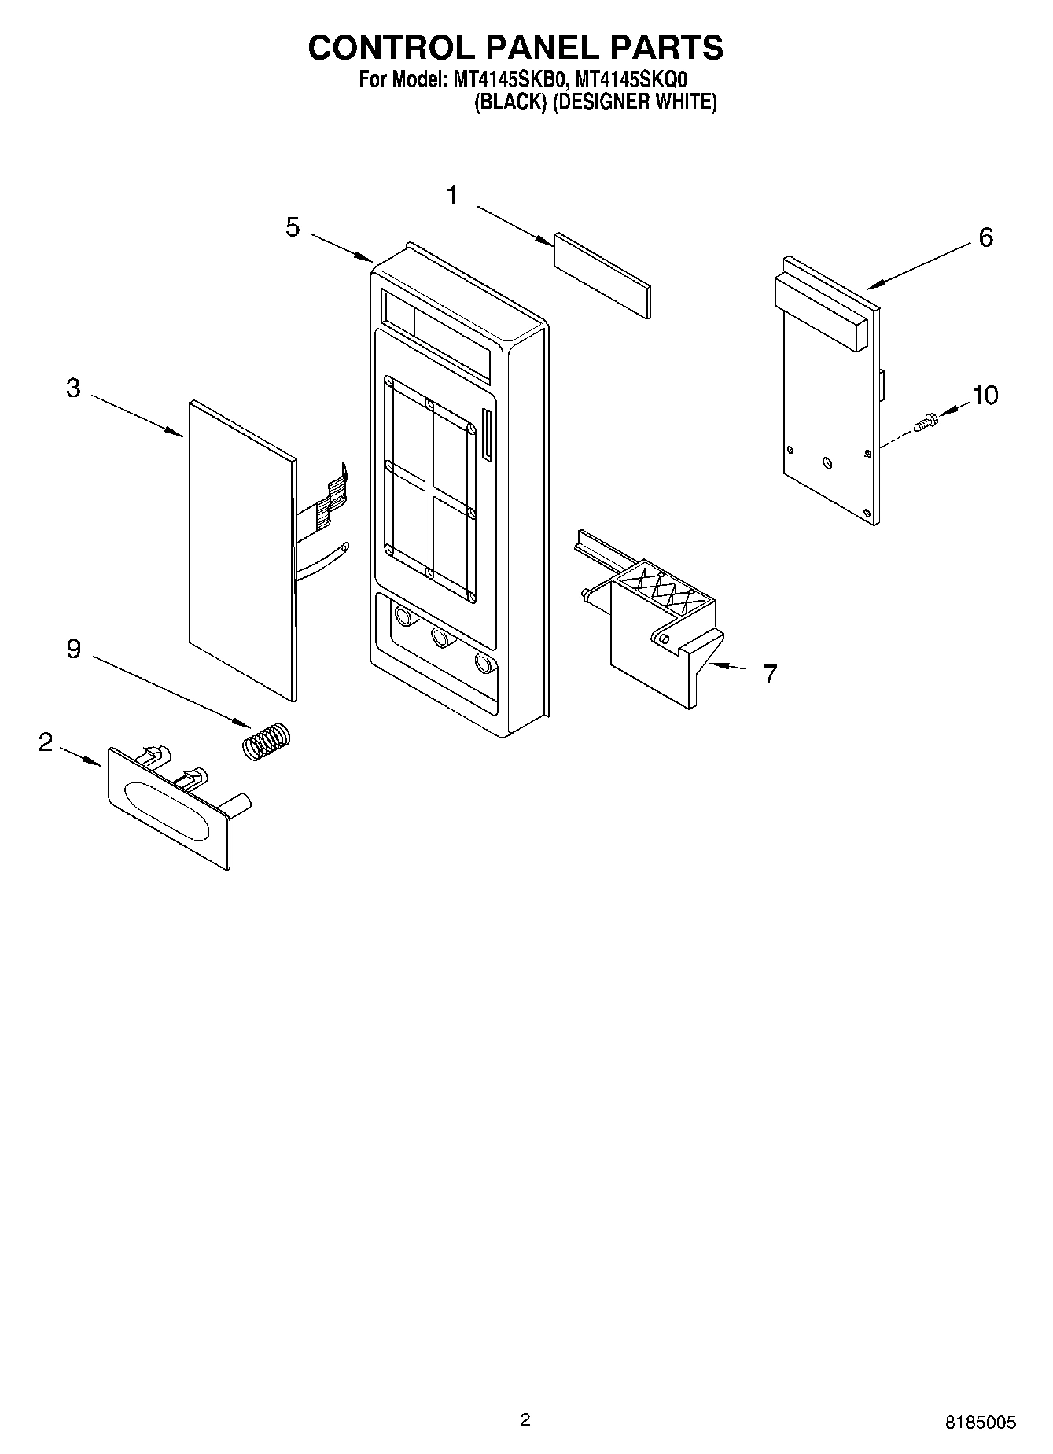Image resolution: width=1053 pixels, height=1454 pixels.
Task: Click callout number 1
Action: coord(452,196)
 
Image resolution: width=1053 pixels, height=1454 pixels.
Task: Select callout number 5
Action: coord(293,228)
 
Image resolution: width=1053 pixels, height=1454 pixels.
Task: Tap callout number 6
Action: coord(985,237)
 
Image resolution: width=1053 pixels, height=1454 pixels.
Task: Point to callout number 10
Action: coord(985,395)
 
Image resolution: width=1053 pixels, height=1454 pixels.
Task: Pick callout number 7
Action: coord(770,673)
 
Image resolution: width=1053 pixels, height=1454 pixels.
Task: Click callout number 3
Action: coord(73,388)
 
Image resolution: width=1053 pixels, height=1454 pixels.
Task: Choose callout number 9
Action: coord(73,650)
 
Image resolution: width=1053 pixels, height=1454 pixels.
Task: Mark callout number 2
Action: coord(46,742)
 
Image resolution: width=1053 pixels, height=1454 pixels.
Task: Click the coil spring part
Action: coord(266,741)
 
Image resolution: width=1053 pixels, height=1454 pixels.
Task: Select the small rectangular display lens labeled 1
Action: coord(602,274)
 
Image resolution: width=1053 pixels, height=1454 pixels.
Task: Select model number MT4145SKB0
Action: coord(508,79)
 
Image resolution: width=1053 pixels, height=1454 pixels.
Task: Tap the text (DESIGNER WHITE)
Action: coord(634,102)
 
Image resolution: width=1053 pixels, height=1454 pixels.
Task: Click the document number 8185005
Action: coord(980,1423)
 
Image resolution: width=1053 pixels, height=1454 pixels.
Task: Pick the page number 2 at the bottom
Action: coord(525,1419)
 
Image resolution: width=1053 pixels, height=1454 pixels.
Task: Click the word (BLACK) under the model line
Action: coord(510,102)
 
